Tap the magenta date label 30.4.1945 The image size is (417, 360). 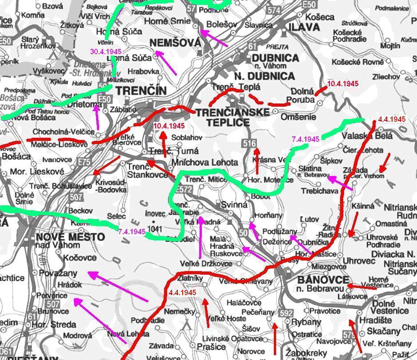[x=106, y=52]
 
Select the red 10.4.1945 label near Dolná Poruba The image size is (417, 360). [x=343, y=83]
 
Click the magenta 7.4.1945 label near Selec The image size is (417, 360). [x=132, y=232]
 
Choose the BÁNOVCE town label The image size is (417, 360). [x=317, y=280]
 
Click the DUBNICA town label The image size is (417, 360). [x=275, y=58]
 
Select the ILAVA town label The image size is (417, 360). [x=304, y=28]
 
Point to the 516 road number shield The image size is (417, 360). [x=249, y=143]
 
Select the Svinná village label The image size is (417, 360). [x=233, y=205]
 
